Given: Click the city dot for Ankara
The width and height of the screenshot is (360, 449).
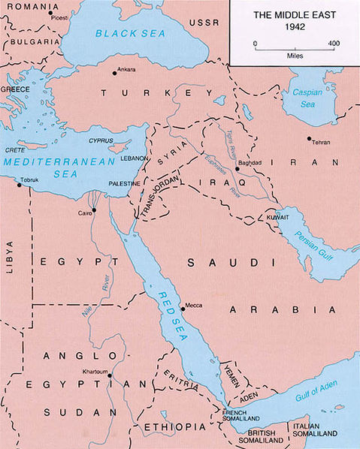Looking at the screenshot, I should coord(114,73).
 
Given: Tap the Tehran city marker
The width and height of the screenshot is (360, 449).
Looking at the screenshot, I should coord(309,138).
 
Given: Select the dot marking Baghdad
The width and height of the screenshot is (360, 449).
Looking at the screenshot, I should coord(237,169).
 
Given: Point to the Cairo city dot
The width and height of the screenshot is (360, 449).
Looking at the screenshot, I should coord(94,212).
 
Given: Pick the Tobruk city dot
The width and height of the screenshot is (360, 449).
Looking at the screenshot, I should coord(20,185).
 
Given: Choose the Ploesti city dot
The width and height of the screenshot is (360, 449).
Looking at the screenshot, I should coord(50,13).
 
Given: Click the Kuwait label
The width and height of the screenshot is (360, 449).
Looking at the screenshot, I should coord(277,218).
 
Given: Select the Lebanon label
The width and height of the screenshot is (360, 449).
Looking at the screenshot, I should coord(132,160).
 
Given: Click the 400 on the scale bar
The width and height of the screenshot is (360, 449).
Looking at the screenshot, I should coord(331,44).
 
